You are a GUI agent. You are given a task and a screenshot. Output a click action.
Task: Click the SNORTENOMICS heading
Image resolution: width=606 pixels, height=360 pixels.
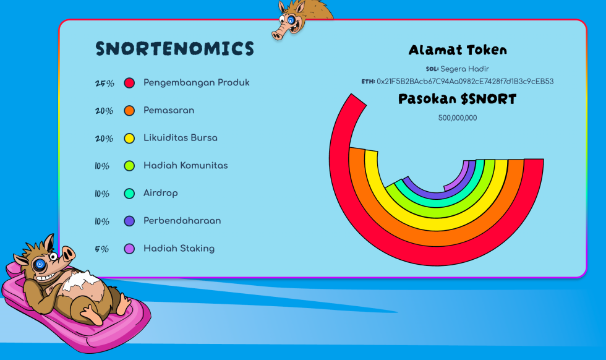coord(174,49)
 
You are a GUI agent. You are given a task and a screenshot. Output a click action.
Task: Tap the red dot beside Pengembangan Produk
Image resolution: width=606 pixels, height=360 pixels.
coord(129,83)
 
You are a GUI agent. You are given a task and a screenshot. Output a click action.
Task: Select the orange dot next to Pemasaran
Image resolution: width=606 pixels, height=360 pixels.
coord(129,111)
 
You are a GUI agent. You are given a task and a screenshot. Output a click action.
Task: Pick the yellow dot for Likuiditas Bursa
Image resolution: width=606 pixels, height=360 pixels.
coord(129,139)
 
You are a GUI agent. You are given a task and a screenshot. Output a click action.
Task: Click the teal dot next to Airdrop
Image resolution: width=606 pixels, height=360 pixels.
coord(129,194)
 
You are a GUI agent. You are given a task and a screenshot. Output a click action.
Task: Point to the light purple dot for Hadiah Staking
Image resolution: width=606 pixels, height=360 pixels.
coord(129,249)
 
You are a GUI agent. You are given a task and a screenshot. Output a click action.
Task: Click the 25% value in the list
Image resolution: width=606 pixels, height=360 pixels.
coord(105,84)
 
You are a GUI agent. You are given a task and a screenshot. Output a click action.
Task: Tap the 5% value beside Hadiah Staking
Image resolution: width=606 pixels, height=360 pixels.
coord(101,249)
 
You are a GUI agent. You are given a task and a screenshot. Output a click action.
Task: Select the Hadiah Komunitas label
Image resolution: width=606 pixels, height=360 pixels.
coord(186,166)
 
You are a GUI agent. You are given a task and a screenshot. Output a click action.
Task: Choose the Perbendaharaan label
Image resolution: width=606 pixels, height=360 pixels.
coord(182,221)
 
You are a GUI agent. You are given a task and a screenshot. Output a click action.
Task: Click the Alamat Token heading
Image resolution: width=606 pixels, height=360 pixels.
coord(458,50)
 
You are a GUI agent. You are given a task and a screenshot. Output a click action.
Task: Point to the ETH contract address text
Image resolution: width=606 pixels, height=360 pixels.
coord(465,82)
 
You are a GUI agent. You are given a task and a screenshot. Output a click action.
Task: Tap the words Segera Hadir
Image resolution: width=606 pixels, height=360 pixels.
coord(464,69)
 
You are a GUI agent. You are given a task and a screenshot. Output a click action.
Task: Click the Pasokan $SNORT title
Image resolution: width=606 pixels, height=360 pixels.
coord(457,99)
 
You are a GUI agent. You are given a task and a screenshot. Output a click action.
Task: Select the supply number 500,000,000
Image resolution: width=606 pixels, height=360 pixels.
coord(458,118)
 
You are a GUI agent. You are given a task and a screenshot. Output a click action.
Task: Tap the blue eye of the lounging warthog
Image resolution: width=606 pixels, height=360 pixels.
coord(40,265)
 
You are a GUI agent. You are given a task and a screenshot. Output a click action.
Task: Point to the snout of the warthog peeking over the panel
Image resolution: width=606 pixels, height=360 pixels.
coord(281,33)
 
